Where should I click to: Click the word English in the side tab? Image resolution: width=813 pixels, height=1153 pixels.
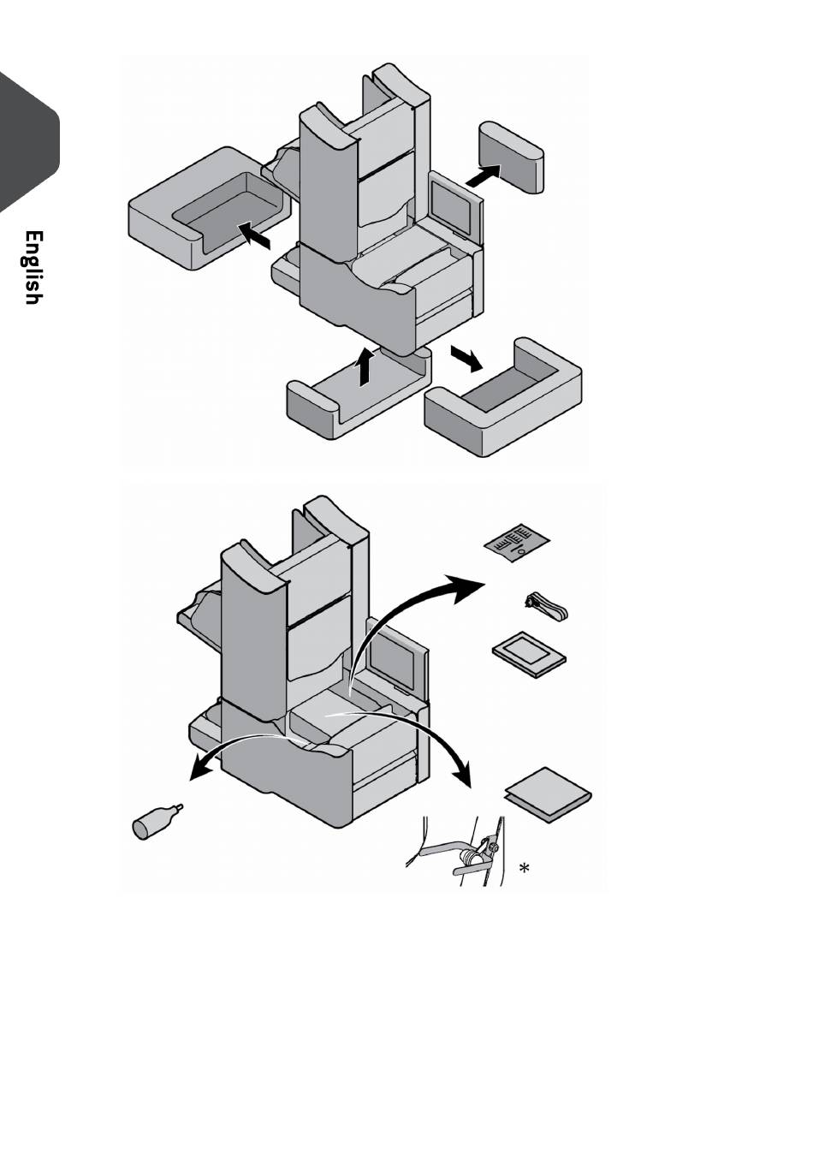[33, 267]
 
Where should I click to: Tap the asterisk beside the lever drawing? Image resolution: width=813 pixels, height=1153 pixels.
[524, 869]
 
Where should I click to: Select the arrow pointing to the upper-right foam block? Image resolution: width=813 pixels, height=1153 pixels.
[484, 175]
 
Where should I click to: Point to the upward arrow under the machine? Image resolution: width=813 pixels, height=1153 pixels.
[366, 366]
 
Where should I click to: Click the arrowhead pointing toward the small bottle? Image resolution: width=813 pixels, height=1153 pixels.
[199, 771]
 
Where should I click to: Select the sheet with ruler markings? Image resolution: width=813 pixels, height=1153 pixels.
[516, 544]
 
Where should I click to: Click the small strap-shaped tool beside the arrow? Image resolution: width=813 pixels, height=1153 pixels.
[547, 607]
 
